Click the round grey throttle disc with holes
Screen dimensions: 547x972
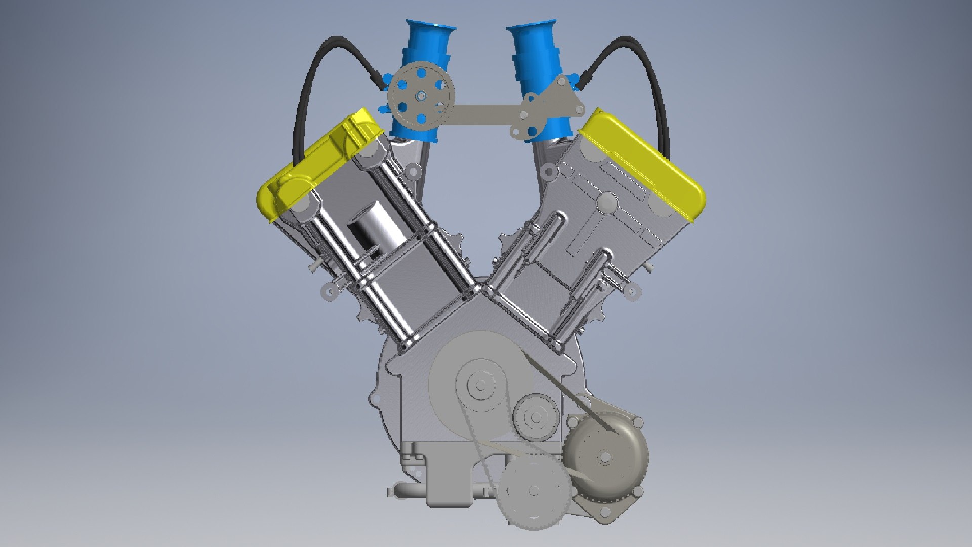(421, 96)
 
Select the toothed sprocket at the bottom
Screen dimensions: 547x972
(534, 490)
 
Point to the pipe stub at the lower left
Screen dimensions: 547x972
(405, 491)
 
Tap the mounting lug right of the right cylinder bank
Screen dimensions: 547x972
(631, 291)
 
